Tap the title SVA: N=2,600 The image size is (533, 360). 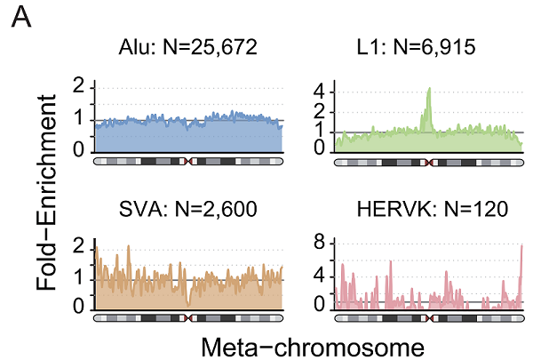click(188, 210)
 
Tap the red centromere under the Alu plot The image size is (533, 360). click(188, 163)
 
